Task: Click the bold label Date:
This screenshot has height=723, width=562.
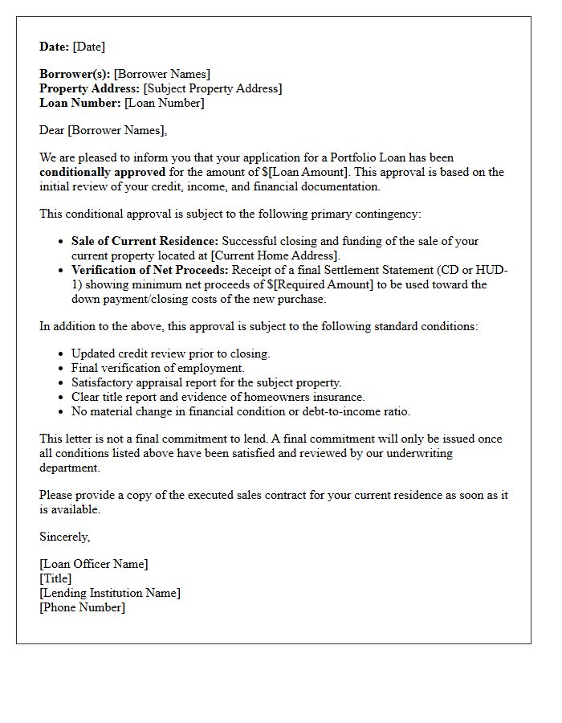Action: [54, 47]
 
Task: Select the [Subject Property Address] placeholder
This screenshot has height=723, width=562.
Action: [213, 88]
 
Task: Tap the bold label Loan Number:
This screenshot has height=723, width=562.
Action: [79, 103]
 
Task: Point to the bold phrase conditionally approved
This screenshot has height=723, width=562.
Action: [102, 172]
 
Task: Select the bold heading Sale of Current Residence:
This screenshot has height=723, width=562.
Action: [145, 241]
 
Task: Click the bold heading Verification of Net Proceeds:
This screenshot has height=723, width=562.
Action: [150, 270]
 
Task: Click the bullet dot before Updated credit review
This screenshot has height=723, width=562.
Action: [62, 354]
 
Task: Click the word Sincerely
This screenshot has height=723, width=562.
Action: [64, 537]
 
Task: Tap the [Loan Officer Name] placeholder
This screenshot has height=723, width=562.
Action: [93, 564]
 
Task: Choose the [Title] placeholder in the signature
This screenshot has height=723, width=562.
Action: [55, 578]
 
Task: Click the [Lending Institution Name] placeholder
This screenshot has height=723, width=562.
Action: [109, 593]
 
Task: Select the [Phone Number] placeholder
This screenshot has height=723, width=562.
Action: [82, 607]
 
